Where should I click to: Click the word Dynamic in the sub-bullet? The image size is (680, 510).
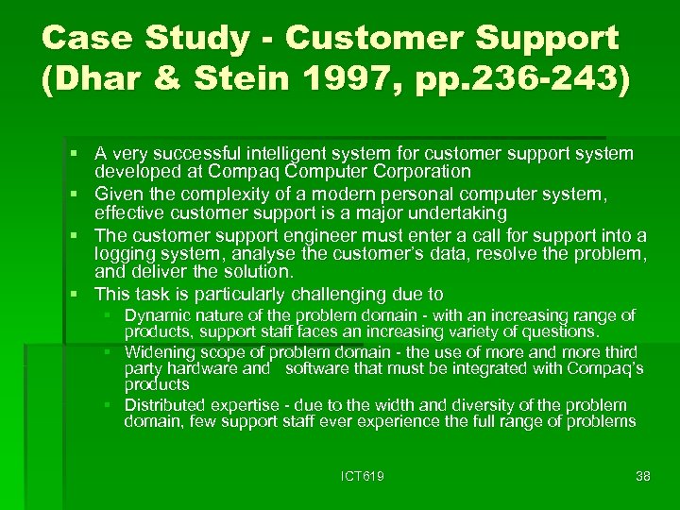coord(154,315)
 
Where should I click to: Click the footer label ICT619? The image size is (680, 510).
coord(362,476)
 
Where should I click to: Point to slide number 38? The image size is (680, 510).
coord(643,476)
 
